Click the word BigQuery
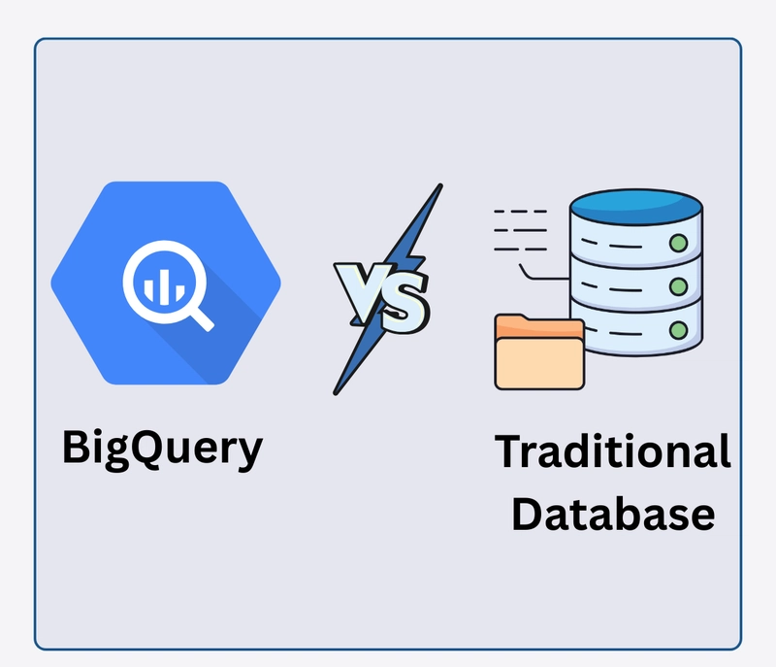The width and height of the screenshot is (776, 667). point(162,449)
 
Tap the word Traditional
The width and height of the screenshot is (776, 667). point(613,452)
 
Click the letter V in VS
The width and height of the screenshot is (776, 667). point(362,288)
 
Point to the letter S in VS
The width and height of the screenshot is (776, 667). point(404,304)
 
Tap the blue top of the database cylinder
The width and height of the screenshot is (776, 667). point(635,206)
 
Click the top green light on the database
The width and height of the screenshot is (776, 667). point(678,241)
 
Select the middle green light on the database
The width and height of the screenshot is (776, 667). point(678,286)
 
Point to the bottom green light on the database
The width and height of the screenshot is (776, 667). point(678,330)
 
